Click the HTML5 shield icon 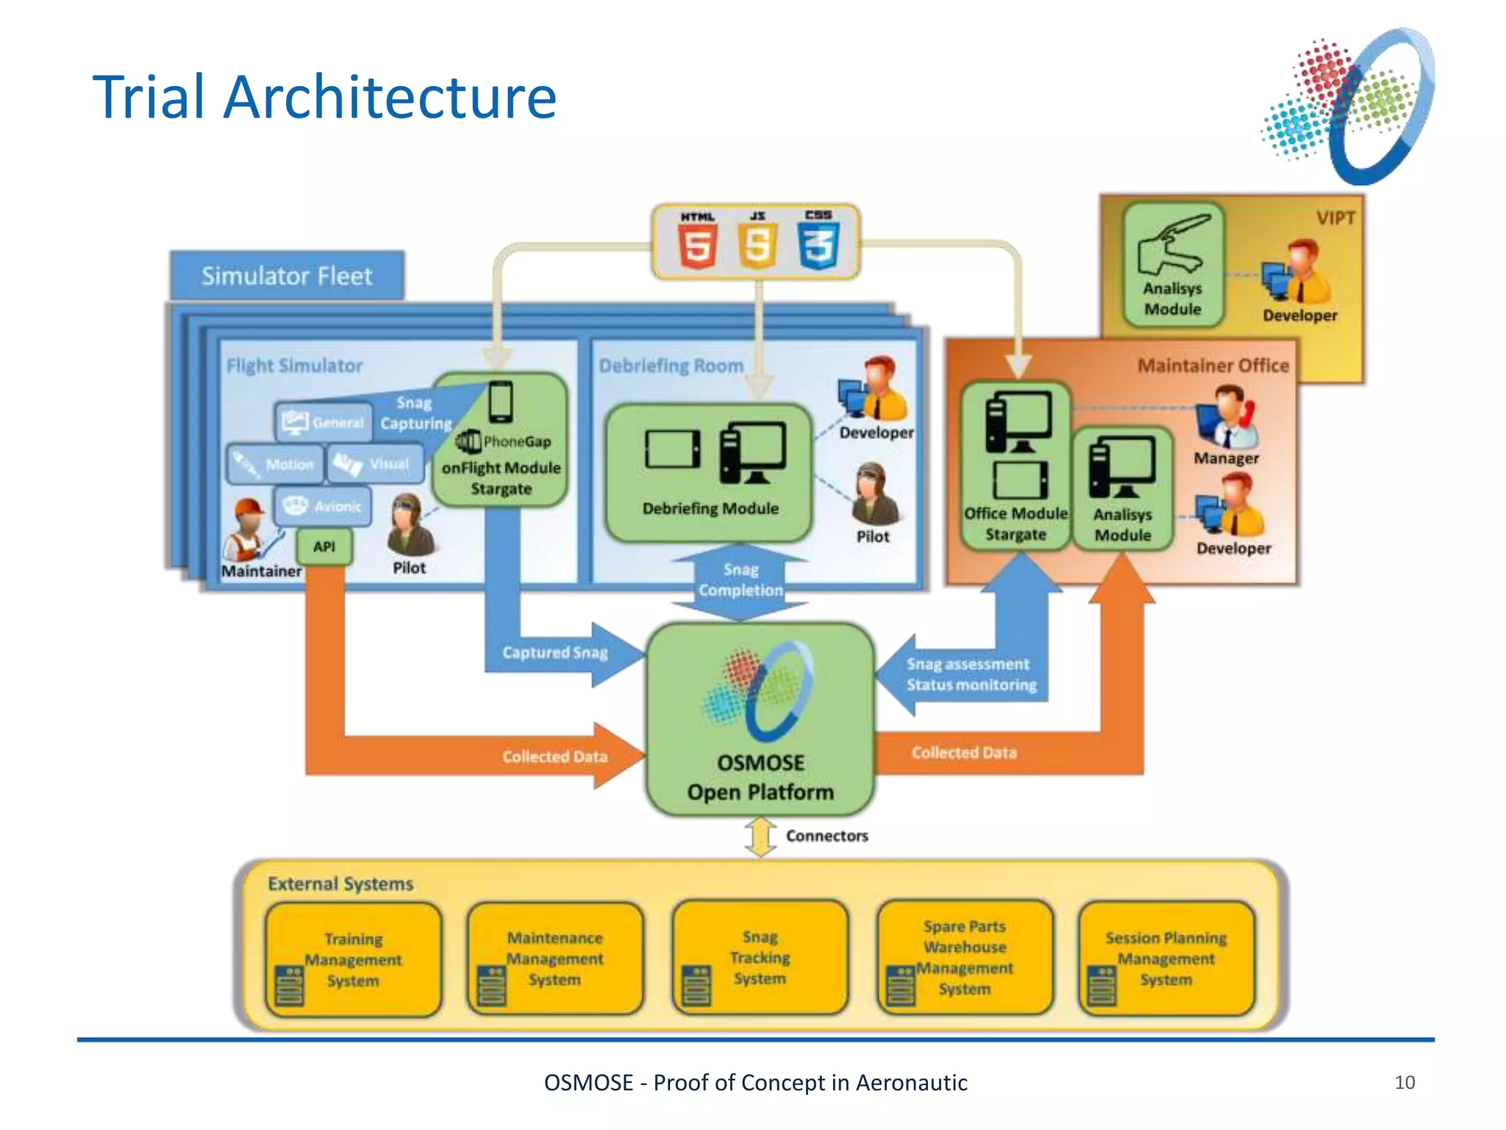(696, 246)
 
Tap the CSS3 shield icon (818, 246)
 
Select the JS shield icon (757, 246)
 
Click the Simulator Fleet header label (287, 276)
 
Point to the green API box (324, 547)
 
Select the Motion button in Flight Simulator (275, 464)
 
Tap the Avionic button (324, 506)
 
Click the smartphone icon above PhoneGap (501, 402)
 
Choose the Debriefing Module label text (710, 508)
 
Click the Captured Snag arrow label (555, 653)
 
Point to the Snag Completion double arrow (740, 580)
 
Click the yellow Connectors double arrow (760, 837)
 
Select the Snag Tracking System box (760, 958)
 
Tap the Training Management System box (354, 959)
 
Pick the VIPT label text (1335, 218)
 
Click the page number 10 (1404, 1082)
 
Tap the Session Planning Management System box (1166, 959)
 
